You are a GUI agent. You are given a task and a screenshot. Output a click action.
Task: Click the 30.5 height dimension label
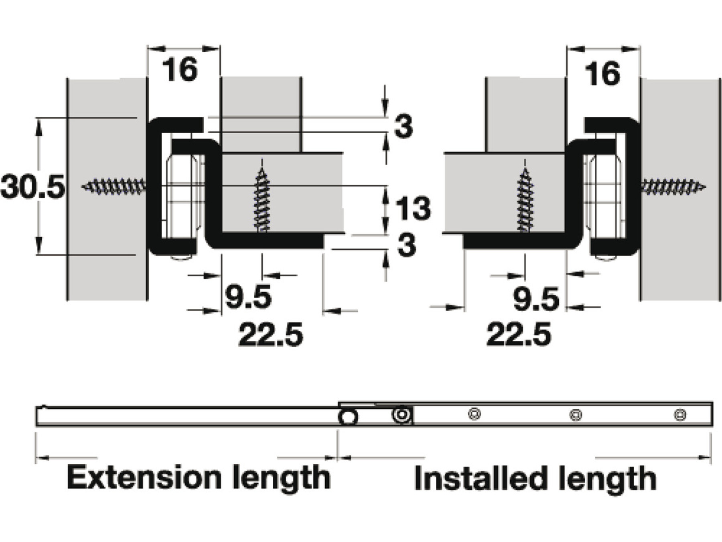click(x=33, y=187)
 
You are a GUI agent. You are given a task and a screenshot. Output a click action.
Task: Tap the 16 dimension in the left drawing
click(x=180, y=69)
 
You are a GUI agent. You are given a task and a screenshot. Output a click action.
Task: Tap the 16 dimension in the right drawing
click(x=602, y=74)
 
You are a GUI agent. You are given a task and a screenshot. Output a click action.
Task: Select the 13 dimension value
click(x=413, y=208)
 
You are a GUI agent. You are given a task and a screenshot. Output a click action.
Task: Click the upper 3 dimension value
click(x=404, y=126)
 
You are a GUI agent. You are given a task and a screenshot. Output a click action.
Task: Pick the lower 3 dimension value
click(x=406, y=245)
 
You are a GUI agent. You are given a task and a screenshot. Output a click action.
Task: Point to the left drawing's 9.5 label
click(x=248, y=297)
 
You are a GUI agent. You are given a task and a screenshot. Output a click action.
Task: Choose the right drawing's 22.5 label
click(x=519, y=334)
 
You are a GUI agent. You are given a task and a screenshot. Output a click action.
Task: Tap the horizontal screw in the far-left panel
click(x=114, y=187)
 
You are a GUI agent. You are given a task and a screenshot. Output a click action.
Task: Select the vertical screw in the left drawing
click(x=262, y=200)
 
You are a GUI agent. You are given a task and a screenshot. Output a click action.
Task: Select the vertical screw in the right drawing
click(x=525, y=200)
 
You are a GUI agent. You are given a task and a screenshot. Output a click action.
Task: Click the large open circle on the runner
click(x=348, y=417)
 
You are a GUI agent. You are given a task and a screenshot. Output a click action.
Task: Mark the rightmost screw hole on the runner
click(x=680, y=414)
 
